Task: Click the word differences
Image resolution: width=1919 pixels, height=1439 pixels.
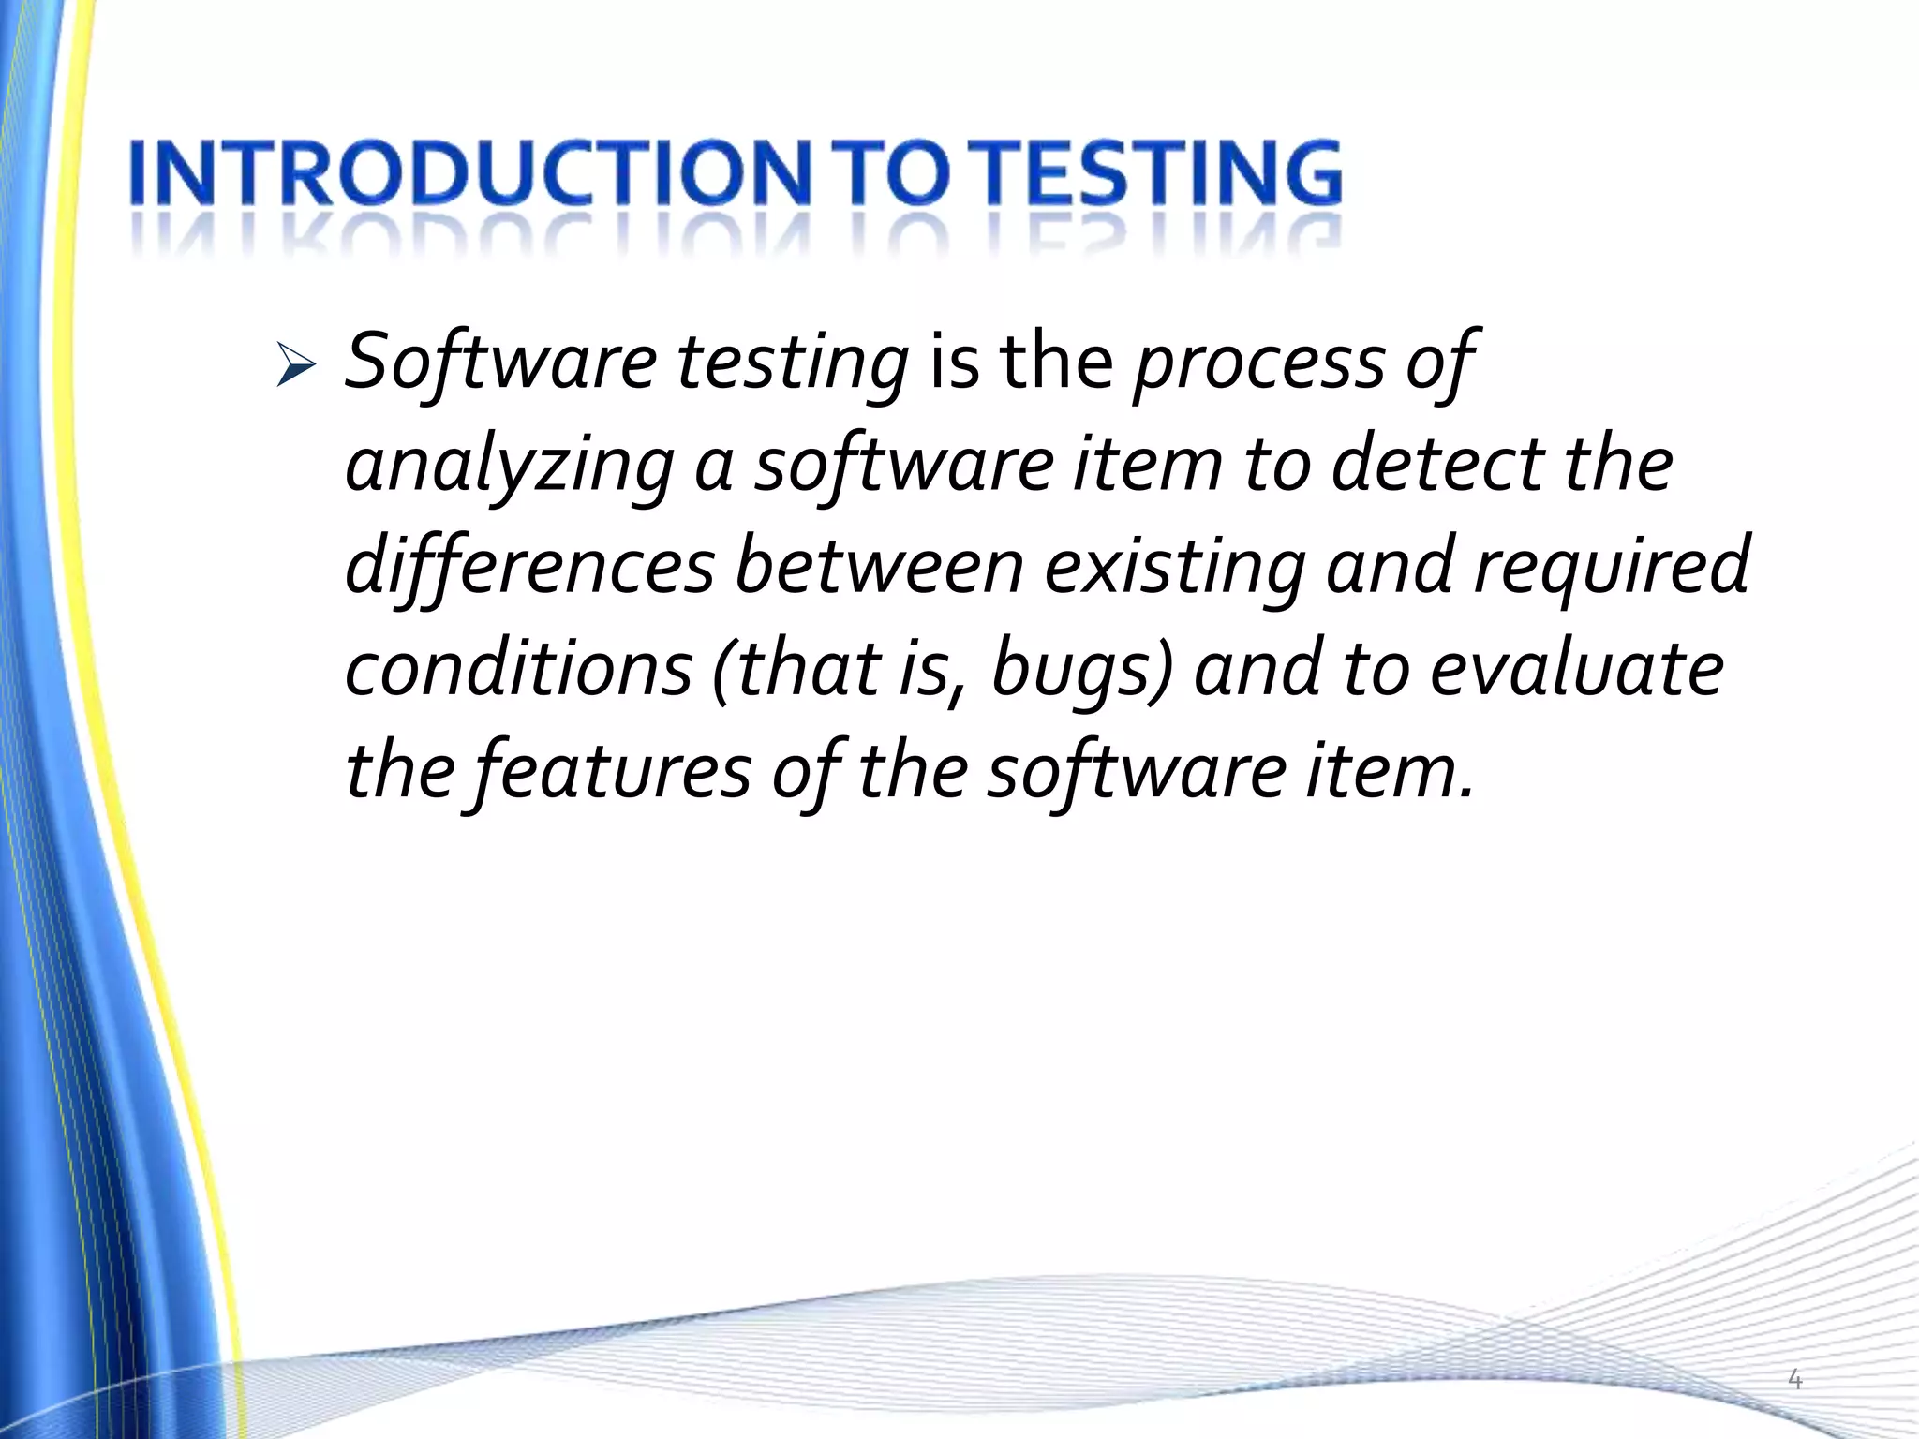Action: click(529, 569)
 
